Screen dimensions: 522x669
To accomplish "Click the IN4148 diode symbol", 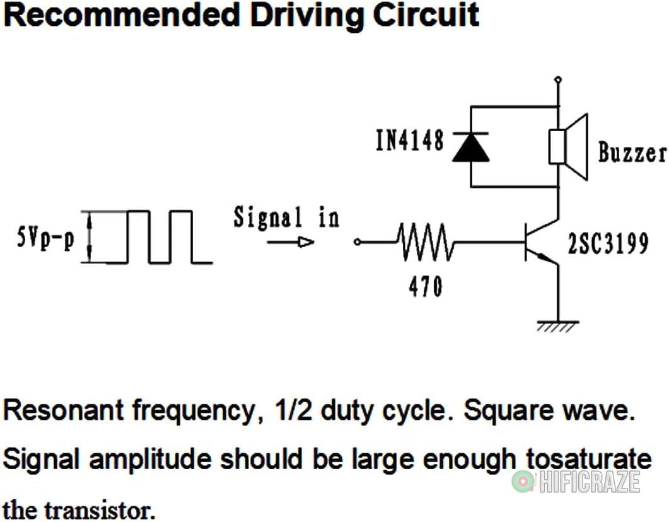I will point(470,147).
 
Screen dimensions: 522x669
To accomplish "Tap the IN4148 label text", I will point(409,141).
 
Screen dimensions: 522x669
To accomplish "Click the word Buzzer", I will point(632,152).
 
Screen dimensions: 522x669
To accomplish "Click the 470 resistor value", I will point(424,288).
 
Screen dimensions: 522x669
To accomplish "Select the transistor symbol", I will point(540,243).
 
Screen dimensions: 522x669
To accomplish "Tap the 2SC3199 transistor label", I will point(608,244).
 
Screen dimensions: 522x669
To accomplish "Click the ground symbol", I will point(557,325).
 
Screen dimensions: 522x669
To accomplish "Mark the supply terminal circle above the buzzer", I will point(557,79).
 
